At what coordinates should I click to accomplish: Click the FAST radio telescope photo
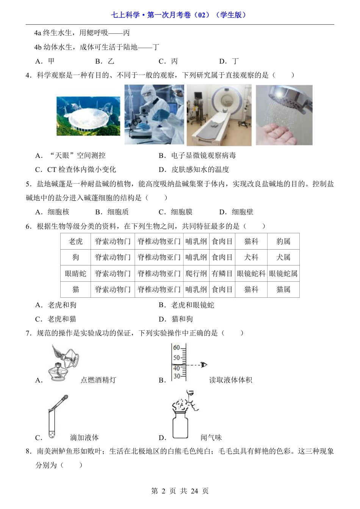point(88,116)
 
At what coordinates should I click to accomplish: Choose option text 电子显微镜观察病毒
point(203,155)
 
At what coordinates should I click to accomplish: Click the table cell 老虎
point(75,241)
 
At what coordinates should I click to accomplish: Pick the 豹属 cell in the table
point(283,241)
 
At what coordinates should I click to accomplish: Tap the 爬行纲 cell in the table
point(196,273)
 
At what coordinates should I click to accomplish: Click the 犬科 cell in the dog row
point(251,257)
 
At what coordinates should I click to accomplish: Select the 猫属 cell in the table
point(283,289)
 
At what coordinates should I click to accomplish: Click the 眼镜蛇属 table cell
point(283,273)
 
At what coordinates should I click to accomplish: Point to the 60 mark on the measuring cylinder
point(177,348)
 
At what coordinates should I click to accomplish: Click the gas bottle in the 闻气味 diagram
point(180,426)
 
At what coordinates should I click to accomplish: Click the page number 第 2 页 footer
point(180,491)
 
